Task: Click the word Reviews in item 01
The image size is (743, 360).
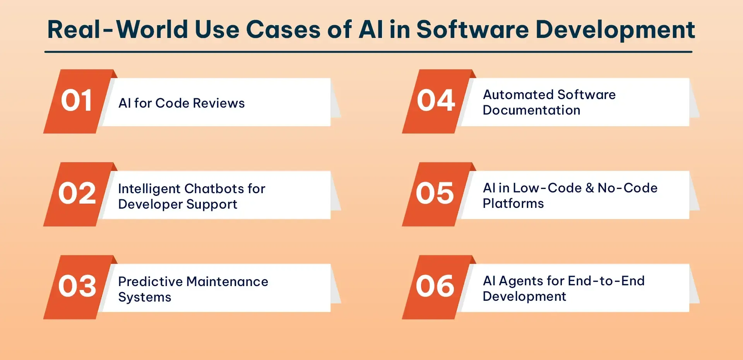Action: click(x=219, y=103)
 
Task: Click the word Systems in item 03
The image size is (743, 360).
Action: click(x=145, y=297)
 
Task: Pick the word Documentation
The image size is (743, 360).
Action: click(x=532, y=110)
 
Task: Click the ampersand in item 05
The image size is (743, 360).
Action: click(x=590, y=188)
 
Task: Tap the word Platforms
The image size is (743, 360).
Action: click(x=514, y=204)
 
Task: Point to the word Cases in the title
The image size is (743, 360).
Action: click(x=283, y=30)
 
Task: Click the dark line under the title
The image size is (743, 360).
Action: click(x=368, y=51)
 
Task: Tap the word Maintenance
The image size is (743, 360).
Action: click(x=227, y=281)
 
